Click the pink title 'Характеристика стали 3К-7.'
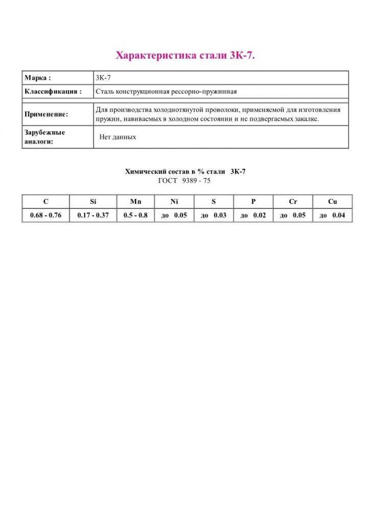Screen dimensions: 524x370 coord(185,55)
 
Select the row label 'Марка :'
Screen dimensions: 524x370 coord(38,78)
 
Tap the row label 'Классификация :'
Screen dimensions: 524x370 coord(53,92)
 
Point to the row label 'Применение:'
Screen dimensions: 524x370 coord(46,114)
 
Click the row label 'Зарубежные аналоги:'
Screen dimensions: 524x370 coord(44,137)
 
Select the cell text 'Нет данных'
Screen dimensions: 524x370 coord(118,137)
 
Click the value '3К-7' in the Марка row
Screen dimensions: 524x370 coord(103,78)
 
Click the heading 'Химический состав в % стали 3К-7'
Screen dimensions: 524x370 coord(185,172)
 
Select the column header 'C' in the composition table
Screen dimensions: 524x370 coord(46,202)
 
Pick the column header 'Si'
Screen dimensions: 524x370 coord(93,202)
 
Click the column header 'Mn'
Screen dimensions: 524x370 coord(135,202)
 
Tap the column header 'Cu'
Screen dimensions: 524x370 coord(332,202)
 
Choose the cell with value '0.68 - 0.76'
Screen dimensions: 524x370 coord(45,215)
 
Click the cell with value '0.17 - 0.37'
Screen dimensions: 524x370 coord(93,215)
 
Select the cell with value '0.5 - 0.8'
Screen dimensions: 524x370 coord(135,215)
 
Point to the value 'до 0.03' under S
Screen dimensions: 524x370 coord(214,215)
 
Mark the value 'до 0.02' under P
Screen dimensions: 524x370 coord(253,215)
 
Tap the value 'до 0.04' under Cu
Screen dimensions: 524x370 coord(332,215)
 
